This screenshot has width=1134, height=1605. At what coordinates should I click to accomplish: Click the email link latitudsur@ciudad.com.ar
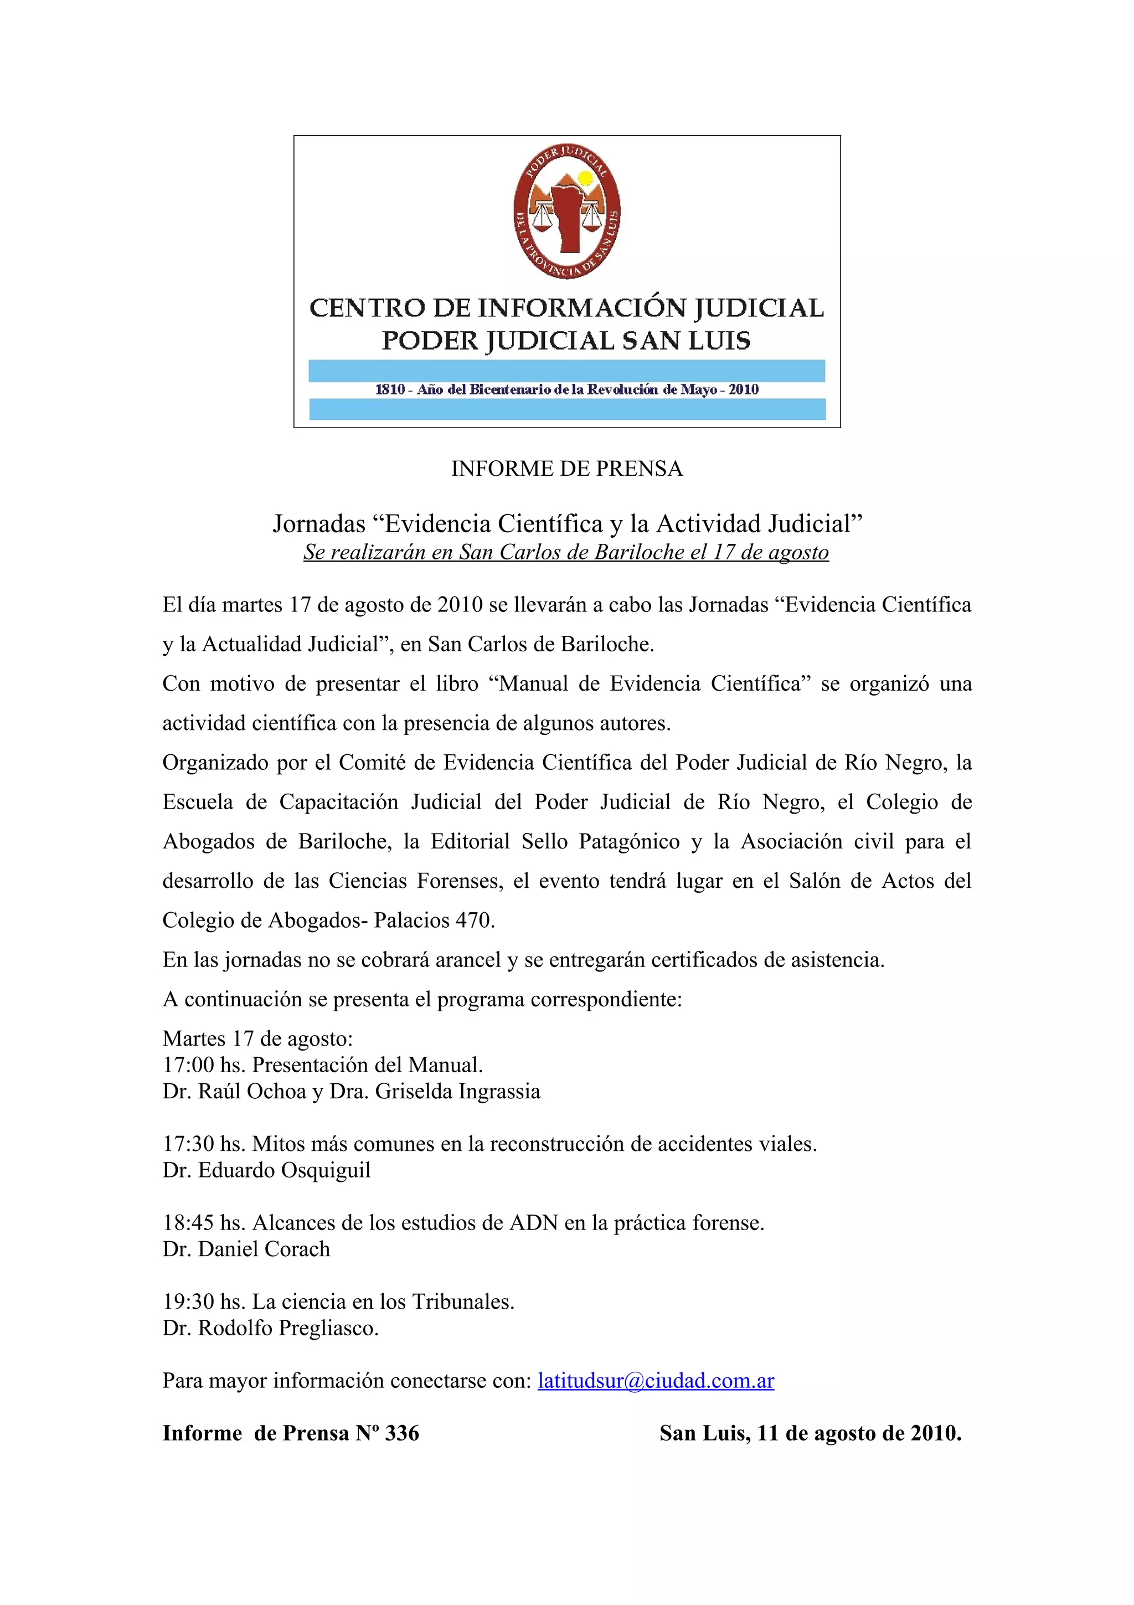pos(656,1381)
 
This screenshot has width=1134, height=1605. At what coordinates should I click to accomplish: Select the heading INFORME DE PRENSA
pos(566,469)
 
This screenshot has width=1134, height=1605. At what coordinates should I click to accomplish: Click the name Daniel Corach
pos(264,1249)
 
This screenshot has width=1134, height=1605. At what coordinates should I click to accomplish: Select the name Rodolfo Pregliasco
pos(288,1328)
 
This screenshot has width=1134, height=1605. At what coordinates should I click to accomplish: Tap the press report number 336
pos(402,1434)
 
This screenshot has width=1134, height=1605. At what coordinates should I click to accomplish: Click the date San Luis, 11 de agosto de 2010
pos(811,1434)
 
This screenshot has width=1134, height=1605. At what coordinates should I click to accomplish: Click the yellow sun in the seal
pos(585,179)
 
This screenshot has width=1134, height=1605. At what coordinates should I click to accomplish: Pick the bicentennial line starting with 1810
pos(566,390)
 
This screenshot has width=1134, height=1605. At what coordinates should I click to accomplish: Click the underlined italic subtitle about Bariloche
pos(566,552)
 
